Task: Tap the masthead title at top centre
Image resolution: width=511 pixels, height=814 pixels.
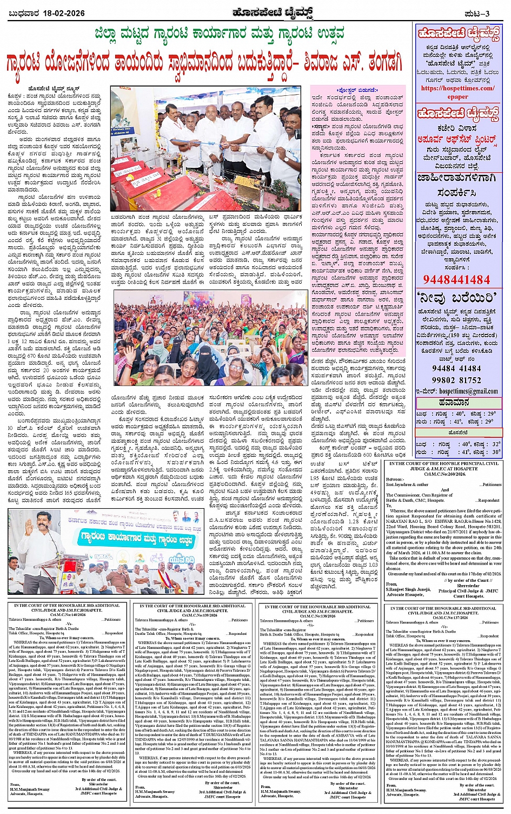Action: coord(256,12)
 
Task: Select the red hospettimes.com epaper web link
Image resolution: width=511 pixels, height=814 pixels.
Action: coord(457,92)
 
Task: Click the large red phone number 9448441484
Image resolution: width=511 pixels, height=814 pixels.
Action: coord(456,280)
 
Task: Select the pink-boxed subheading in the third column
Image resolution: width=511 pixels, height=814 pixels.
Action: coord(356,90)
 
